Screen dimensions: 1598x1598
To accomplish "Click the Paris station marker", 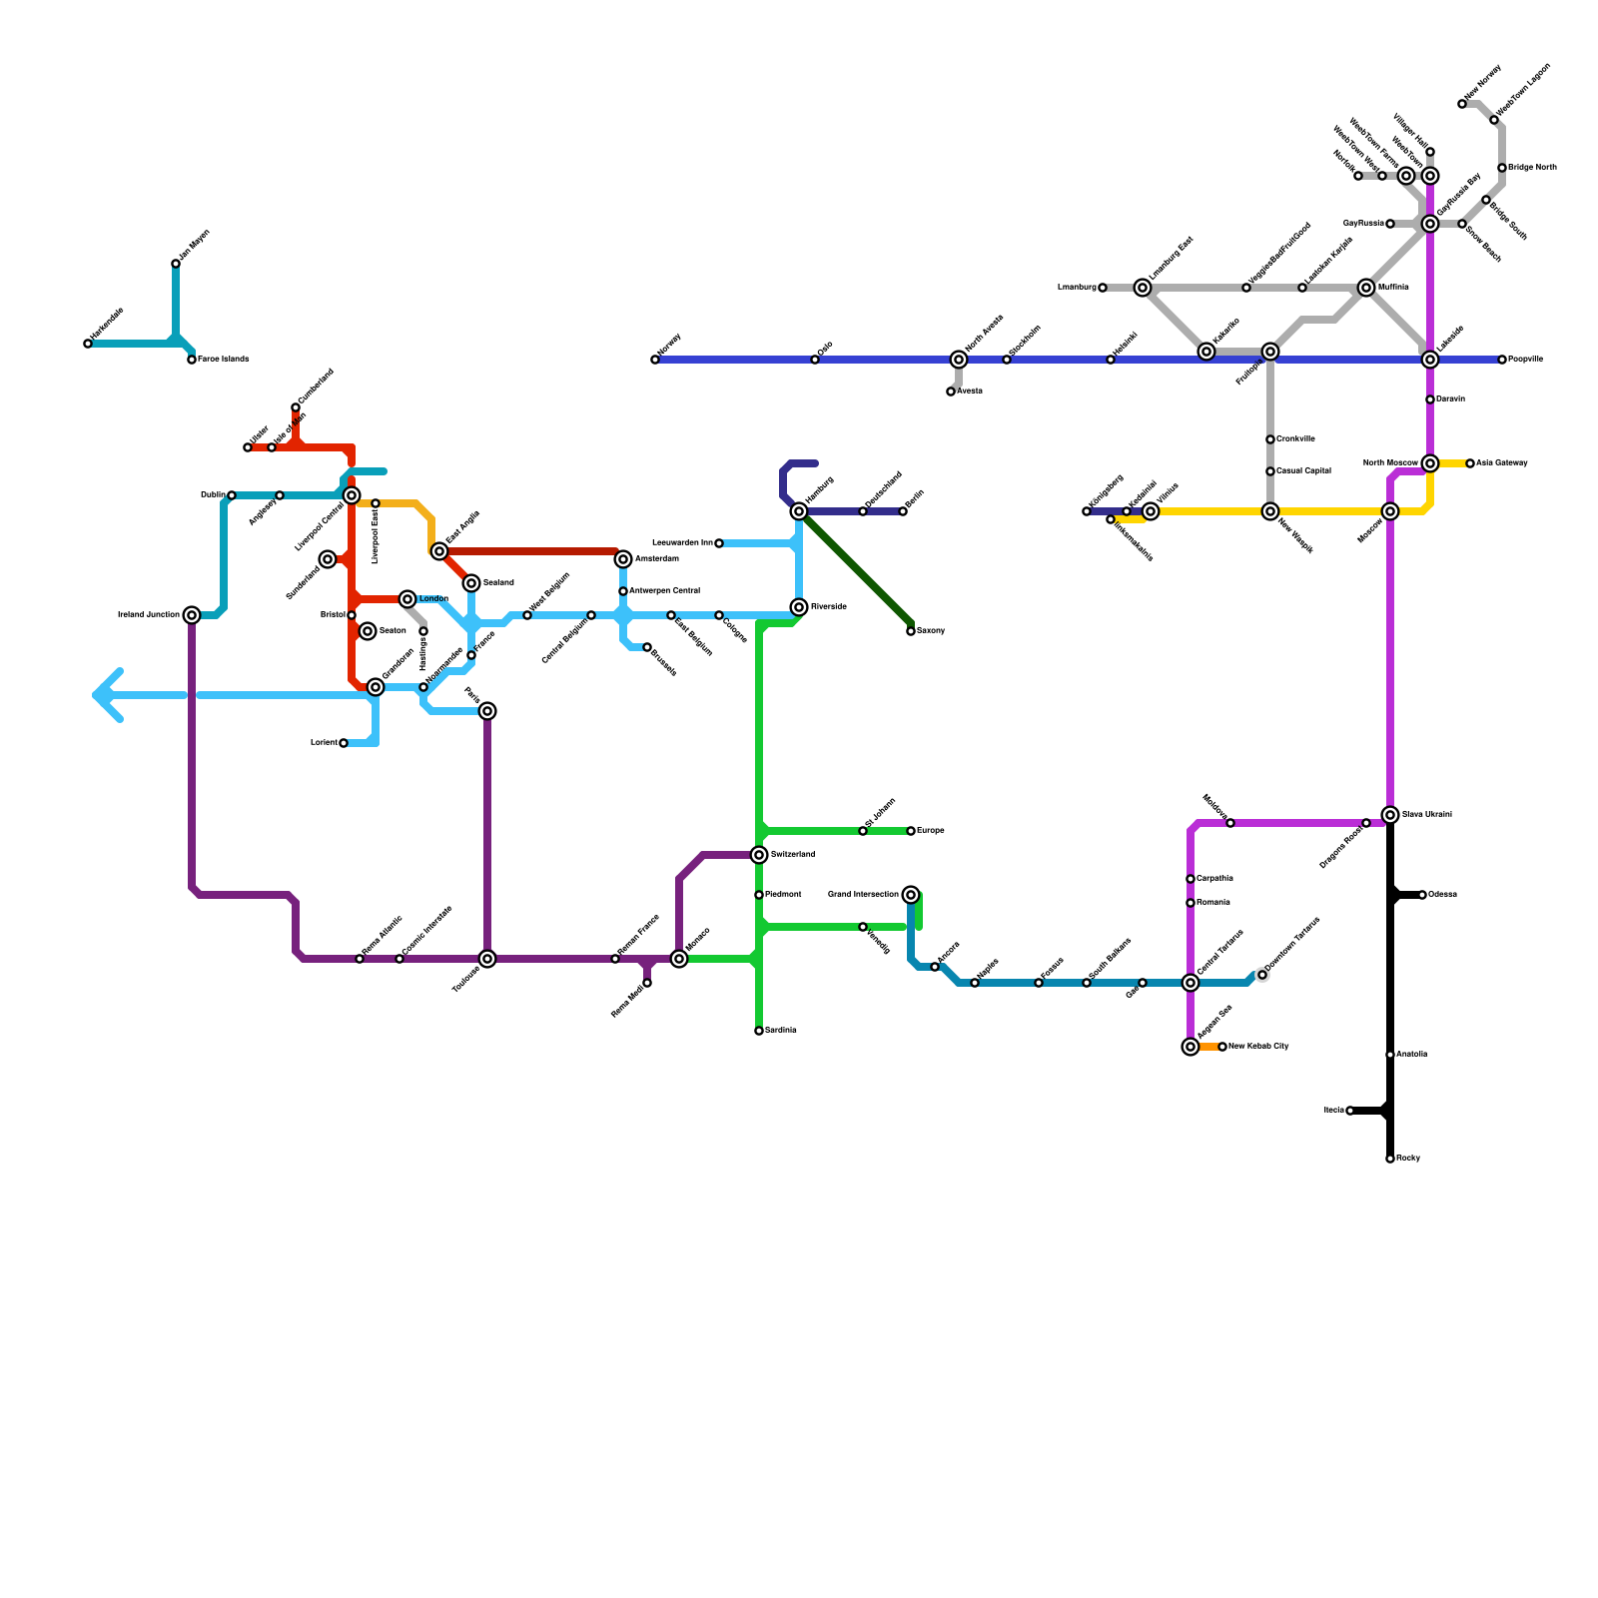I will pos(487,711).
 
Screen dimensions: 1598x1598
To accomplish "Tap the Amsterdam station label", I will pos(656,559).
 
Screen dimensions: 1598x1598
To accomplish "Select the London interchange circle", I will pos(407,599).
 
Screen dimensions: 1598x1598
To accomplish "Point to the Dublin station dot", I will pos(232,495).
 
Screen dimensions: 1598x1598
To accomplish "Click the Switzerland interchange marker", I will pos(759,855).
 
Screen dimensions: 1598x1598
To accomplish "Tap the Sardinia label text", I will pos(780,1031).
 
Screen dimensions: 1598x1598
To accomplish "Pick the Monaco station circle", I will pos(679,959).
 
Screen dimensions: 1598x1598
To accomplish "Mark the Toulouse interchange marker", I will pos(487,959).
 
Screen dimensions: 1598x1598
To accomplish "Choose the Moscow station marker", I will pos(1390,511).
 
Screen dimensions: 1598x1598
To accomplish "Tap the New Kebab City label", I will pos(1258,1047).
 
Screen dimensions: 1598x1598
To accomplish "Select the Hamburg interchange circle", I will pos(799,511).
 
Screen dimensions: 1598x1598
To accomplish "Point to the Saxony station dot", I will pos(911,631).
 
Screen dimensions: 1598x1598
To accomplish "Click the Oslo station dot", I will pos(815,360).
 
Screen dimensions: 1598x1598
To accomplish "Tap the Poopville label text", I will pos(1525,360).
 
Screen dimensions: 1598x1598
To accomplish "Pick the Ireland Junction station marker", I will pos(192,615).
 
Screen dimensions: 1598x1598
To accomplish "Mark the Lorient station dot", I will pos(344,743).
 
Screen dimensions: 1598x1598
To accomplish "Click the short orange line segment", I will pos(1208,1047).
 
